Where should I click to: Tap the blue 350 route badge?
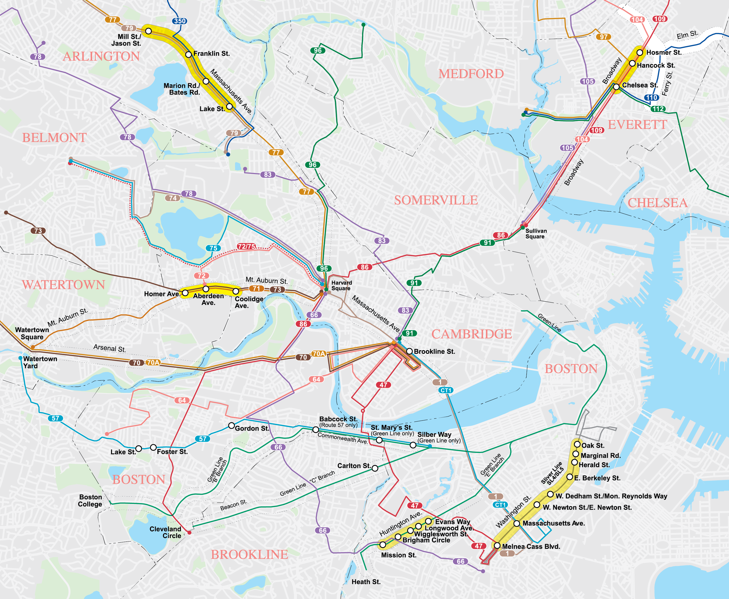pyautogui.click(x=180, y=21)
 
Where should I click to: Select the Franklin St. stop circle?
pyautogui.click(x=188, y=55)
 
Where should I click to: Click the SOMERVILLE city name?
pyautogui.click(x=436, y=200)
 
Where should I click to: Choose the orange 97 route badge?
pyautogui.click(x=603, y=37)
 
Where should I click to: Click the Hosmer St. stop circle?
pyautogui.click(x=640, y=52)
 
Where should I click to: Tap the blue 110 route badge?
pyautogui.click(x=652, y=98)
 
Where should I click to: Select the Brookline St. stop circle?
pyautogui.click(x=409, y=351)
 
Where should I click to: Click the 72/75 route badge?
pyautogui.click(x=246, y=246)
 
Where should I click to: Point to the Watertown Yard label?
pyautogui.click(x=40, y=362)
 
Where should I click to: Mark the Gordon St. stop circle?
pyautogui.click(x=232, y=425)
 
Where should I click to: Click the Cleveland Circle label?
pyautogui.click(x=165, y=532)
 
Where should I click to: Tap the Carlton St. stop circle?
pyautogui.click(x=375, y=468)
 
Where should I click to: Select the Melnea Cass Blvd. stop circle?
pyautogui.click(x=497, y=546)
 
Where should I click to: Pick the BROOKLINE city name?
pyautogui.click(x=250, y=554)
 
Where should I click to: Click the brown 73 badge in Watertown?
pyautogui.click(x=38, y=231)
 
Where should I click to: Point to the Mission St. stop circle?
pyautogui.click(x=382, y=545)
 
